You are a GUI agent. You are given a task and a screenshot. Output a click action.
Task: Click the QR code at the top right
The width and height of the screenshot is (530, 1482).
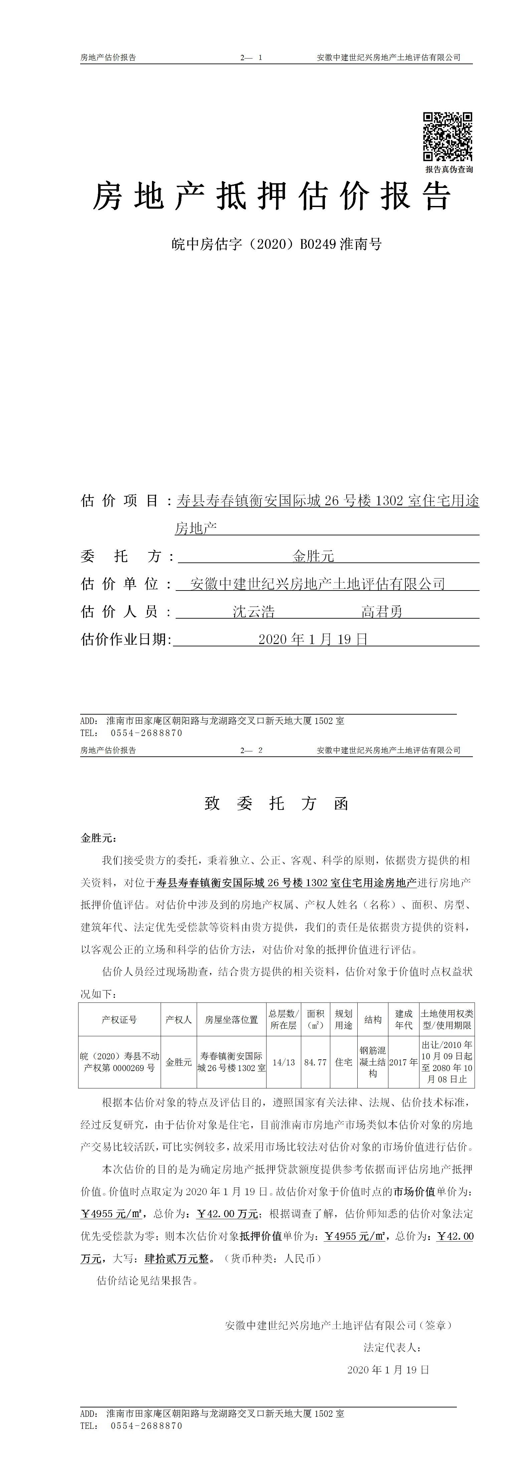pos(448,136)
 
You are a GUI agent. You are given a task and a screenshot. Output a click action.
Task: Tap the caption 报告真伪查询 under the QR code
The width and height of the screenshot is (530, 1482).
pos(449,170)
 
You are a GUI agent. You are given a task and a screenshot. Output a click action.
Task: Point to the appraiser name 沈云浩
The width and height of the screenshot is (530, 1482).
pos(253,612)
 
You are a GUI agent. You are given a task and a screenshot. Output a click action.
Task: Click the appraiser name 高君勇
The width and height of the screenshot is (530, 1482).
pos(382,612)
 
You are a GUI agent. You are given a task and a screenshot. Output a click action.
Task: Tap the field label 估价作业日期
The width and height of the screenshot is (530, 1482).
pos(126,639)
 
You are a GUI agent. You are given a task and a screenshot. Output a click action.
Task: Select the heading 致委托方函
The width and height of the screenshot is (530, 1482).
pos(277,804)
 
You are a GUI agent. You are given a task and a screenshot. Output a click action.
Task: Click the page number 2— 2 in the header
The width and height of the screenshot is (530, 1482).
pos(251,750)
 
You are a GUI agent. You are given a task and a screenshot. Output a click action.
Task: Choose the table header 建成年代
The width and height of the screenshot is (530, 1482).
pos(403,1020)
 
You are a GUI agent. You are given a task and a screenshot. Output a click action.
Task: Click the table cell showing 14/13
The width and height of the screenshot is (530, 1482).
pos(284,1062)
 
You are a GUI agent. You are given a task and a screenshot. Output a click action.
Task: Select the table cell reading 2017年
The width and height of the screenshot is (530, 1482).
pos(403,1062)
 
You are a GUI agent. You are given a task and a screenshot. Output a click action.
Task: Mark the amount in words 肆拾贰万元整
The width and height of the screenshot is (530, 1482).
pos(176,1258)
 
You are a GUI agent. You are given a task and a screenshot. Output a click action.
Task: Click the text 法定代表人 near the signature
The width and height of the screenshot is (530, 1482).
pos(392,1347)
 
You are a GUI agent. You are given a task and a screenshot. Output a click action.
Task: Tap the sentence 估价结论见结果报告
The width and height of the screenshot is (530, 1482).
pos(147,1281)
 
